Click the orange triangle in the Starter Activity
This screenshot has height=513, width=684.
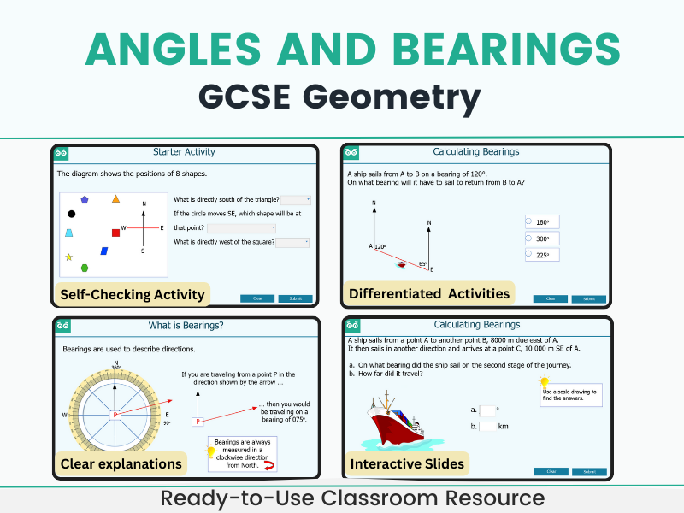[x=115, y=199]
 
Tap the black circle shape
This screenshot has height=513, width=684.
[x=72, y=214]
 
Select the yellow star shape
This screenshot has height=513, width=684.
[x=68, y=256]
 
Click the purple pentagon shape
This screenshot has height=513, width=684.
[x=85, y=199]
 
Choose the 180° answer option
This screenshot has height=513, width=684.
[x=542, y=222]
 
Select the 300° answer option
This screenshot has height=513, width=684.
[x=542, y=239]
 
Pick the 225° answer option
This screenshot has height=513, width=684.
[x=542, y=255]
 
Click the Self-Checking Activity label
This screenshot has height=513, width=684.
[x=133, y=294]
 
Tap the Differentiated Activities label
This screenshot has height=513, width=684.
[x=429, y=293]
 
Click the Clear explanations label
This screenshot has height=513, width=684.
[x=121, y=463]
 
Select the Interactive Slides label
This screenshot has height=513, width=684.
[x=407, y=464]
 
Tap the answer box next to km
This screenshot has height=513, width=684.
[x=487, y=426]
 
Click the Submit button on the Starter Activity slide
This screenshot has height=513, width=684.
[x=295, y=298]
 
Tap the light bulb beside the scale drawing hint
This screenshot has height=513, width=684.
[x=544, y=382]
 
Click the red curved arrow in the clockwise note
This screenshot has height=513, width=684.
[x=268, y=465]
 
